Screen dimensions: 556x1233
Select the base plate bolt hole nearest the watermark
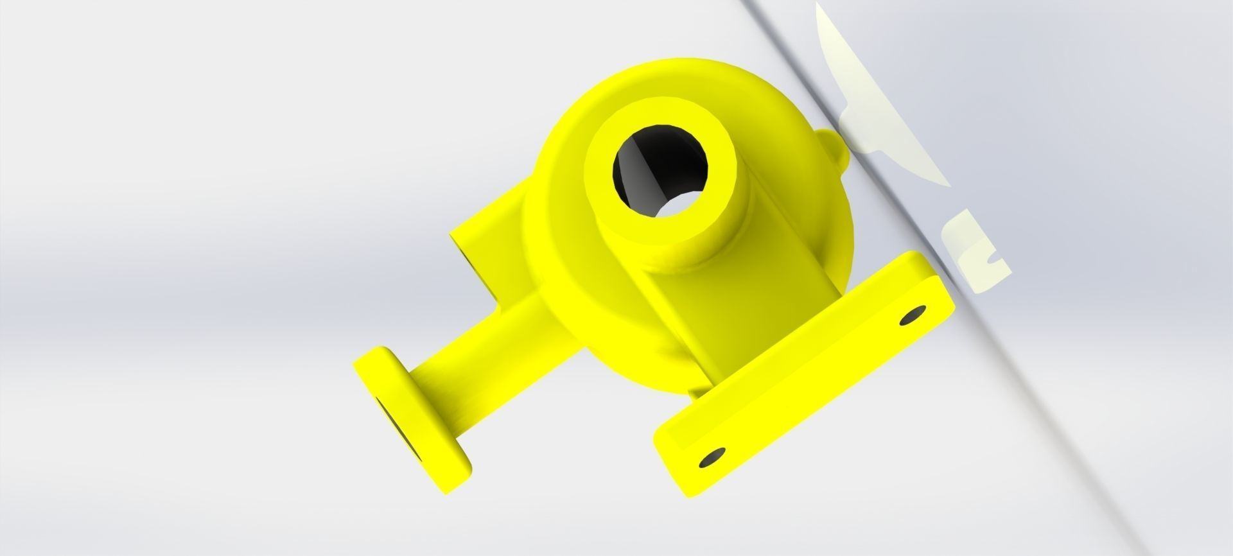coord(913,315)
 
